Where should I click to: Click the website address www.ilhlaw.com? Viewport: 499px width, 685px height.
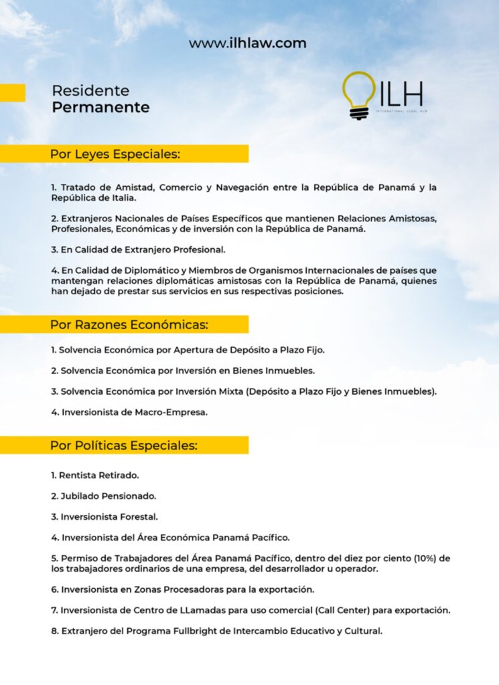coord(247,43)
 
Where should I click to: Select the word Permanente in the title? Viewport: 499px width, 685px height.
coord(100,108)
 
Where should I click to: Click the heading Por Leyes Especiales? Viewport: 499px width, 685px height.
coord(115,155)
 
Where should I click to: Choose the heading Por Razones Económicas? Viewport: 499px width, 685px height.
coord(129,325)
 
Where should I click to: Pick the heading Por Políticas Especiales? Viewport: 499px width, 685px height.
coord(124,446)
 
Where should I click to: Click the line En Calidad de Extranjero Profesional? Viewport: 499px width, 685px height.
coord(138,250)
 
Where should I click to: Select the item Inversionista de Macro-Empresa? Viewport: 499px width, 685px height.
coord(129,412)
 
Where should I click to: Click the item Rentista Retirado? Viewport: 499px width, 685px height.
coord(94,476)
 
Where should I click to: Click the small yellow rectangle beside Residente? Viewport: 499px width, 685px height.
coord(12,92)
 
